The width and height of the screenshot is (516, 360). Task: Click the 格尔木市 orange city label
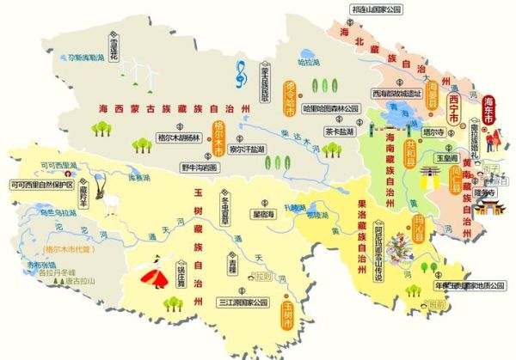[218, 142]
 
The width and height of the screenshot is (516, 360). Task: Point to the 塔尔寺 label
[433, 132]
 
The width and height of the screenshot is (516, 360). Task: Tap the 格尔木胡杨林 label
[177, 137]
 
